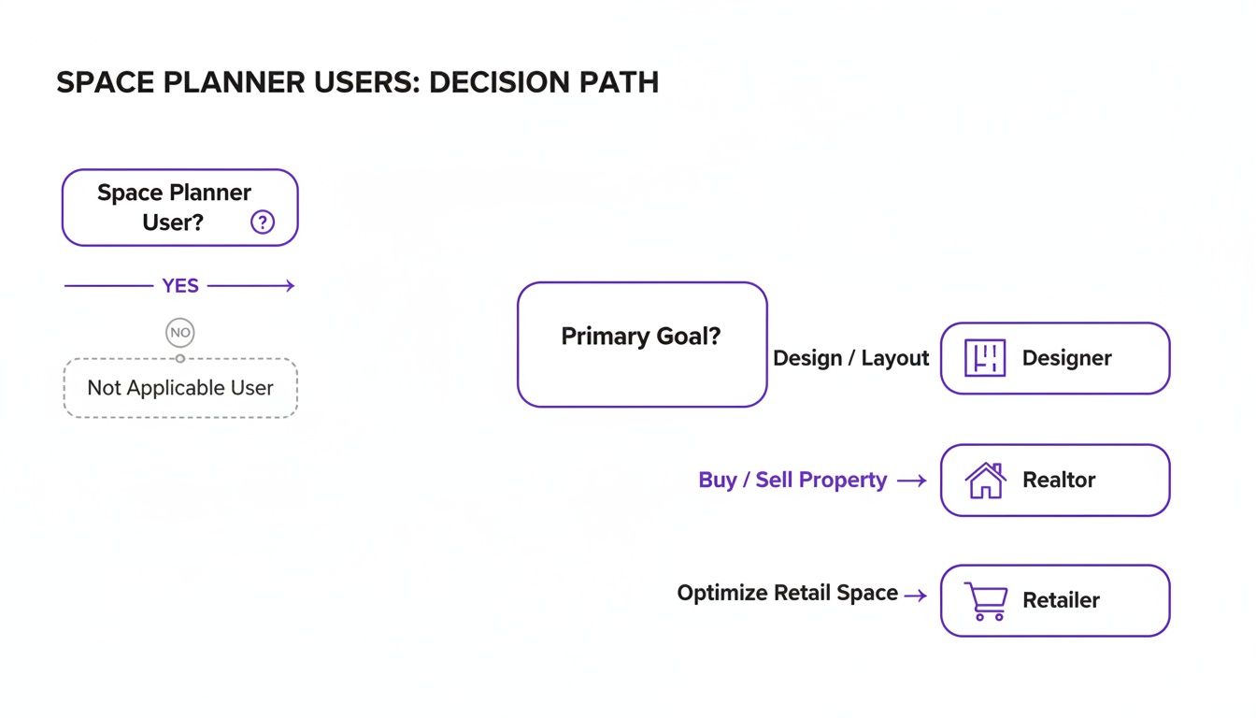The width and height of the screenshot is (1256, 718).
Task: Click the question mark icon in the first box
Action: (263, 223)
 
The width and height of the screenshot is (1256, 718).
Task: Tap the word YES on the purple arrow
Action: (180, 286)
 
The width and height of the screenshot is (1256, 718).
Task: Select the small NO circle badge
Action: (180, 332)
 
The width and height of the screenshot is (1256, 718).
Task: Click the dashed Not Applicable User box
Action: (180, 388)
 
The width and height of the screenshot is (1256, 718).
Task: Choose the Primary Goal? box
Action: (641, 344)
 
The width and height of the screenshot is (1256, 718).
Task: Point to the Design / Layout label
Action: (850, 358)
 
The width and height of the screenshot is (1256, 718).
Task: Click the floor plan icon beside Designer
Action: (984, 358)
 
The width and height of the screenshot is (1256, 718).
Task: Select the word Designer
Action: (1066, 358)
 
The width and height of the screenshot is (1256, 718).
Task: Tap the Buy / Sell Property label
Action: (792, 480)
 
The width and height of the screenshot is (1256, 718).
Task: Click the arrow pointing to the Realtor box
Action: (911, 481)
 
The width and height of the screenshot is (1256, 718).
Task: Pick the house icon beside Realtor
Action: (985, 481)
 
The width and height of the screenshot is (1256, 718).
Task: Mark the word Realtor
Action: (1059, 480)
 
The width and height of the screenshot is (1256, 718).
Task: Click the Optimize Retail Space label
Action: (787, 593)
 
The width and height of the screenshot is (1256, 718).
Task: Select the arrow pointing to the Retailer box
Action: (916, 595)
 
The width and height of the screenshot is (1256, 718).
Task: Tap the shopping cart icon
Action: (985, 601)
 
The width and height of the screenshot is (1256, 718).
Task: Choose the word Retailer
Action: (1061, 600)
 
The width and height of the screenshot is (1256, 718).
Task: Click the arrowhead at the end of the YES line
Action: (291, 286)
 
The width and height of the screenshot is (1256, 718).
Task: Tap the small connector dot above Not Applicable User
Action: (180, 358)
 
